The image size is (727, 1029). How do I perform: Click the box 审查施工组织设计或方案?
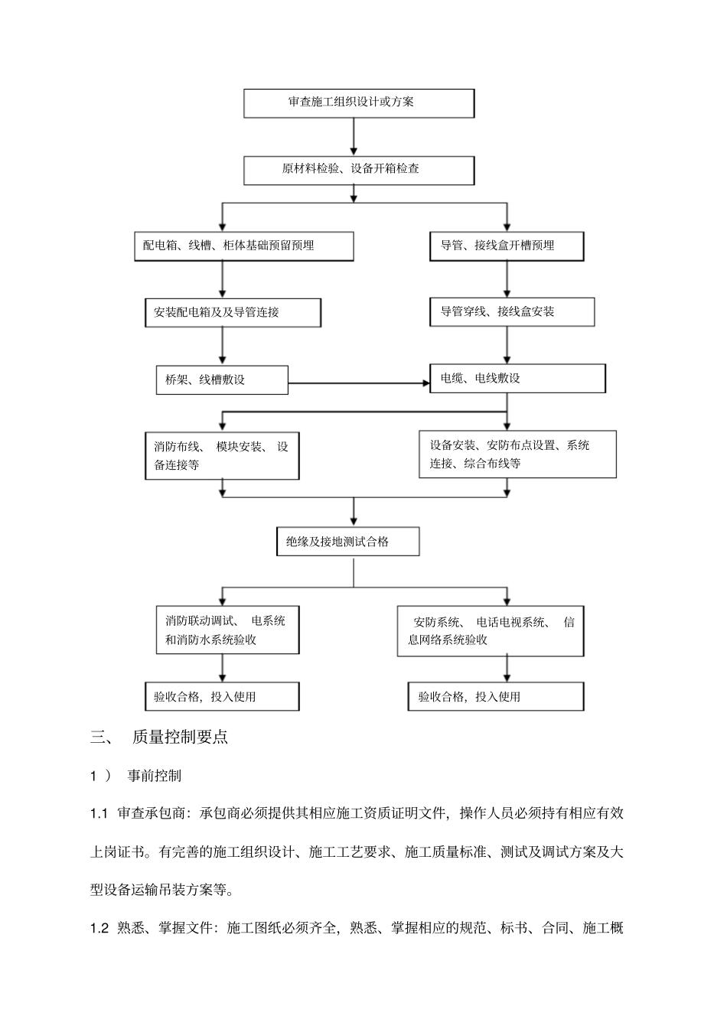click(358, 103)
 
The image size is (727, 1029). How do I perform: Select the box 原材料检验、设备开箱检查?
click(358, 170)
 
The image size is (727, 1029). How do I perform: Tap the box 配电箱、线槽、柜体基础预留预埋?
click(243, 246)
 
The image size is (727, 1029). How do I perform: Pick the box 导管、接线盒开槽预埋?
click(506, 246)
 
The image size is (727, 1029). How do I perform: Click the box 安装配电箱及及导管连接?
click(233, 313)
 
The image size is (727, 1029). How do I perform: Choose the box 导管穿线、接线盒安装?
click(511, 312)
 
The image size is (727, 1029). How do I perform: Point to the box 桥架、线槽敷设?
click(222, 379)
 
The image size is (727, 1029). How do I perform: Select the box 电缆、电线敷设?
click(517, 379)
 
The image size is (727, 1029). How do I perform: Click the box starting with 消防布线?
click(222, 456)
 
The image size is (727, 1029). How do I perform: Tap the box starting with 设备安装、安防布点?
click(517, 454)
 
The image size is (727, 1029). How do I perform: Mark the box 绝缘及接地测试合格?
click(347, 542)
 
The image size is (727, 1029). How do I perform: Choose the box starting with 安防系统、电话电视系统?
click(490, 631)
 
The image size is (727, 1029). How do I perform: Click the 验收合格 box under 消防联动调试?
click(222, 696)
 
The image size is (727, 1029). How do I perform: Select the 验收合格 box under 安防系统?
click(495, 696)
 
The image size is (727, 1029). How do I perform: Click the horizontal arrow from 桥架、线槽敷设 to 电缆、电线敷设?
click(358, 383)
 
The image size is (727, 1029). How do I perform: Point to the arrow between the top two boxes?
click(354, 137)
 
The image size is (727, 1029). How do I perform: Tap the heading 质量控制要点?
click(180, 738)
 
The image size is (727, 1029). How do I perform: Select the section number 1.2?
click(99, 929)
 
